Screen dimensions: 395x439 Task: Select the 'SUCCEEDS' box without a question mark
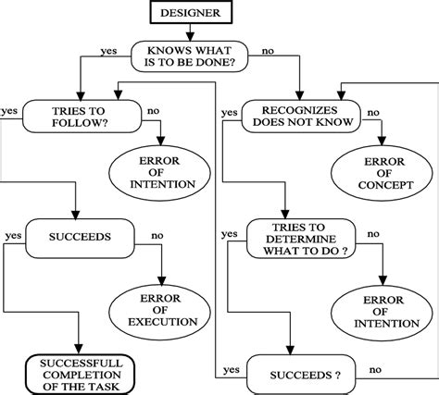(82, 238)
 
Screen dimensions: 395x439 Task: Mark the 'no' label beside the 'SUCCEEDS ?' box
(375, 370)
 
